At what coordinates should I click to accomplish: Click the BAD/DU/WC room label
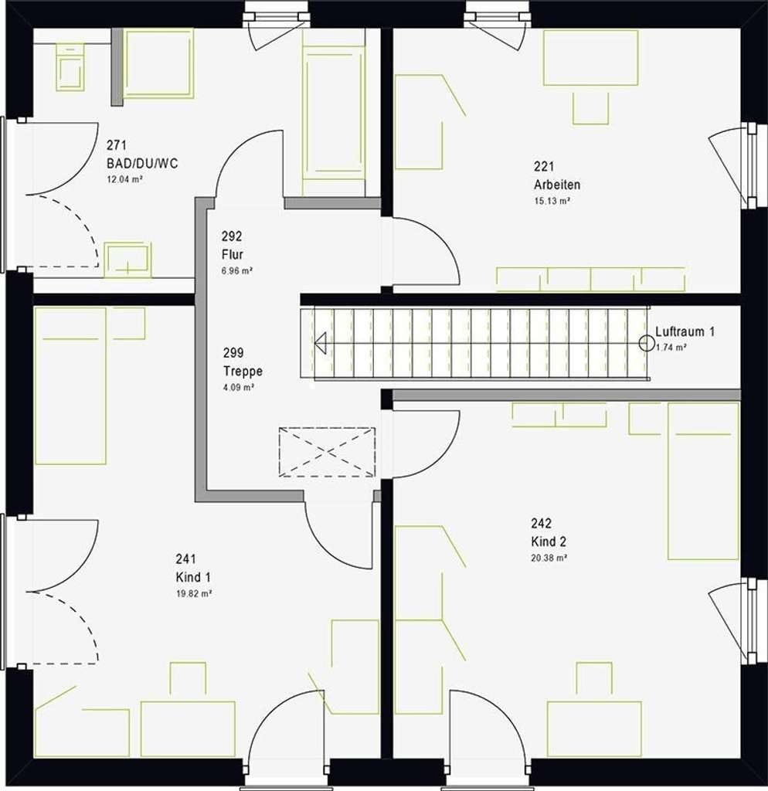tap(142, 164)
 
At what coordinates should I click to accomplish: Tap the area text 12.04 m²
tap(124, 179)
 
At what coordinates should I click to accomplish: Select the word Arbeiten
tap(557, 185)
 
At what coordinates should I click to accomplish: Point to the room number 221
tap(544, 166)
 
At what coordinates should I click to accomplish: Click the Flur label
tap(232, 254)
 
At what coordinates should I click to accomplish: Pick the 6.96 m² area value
tap(236, 271)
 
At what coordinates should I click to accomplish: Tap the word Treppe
tap(243, 372)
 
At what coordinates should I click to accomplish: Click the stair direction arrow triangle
tap(321, 343)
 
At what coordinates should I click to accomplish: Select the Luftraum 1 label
tap(685, 331)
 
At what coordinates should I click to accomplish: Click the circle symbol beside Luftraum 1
tap(647, 343)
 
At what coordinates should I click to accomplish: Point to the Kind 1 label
tap(193, 577)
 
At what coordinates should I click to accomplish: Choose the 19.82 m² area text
tap(194, 594)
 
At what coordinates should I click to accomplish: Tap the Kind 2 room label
tap(549, 541)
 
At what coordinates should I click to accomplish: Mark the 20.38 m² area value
tap(549, 558)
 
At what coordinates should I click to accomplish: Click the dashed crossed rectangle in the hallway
tap(327, 452)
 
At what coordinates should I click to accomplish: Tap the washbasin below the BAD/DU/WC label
tap(127, 260)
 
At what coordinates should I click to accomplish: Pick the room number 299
tap(233, 352)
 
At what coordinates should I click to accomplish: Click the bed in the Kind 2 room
tap(703, 480)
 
